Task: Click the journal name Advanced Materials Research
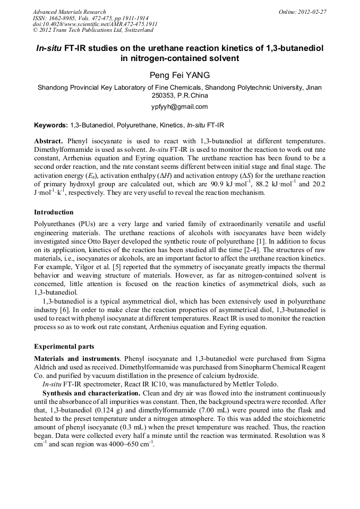click(69, 12)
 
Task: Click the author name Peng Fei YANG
click(179, 76)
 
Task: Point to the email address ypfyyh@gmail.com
click(179, 107)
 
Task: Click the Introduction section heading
click(54, 212)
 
